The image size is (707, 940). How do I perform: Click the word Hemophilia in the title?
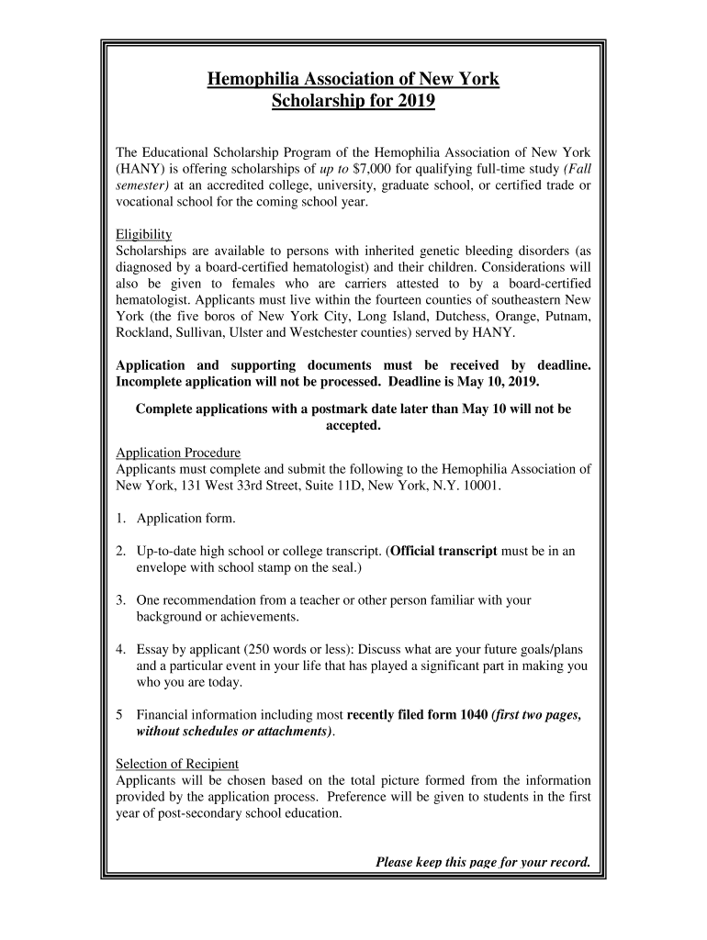(253, 79)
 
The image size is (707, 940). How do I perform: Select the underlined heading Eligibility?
(144, 234)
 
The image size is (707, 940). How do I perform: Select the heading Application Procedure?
(178, 453)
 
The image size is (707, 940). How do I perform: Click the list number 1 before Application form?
(120, 519)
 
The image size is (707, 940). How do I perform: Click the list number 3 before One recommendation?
(120, 600)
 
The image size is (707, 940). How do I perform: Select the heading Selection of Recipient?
(177, 764)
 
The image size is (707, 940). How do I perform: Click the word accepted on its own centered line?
(353, 426)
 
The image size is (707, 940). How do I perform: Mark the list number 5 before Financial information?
(120, 715)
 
